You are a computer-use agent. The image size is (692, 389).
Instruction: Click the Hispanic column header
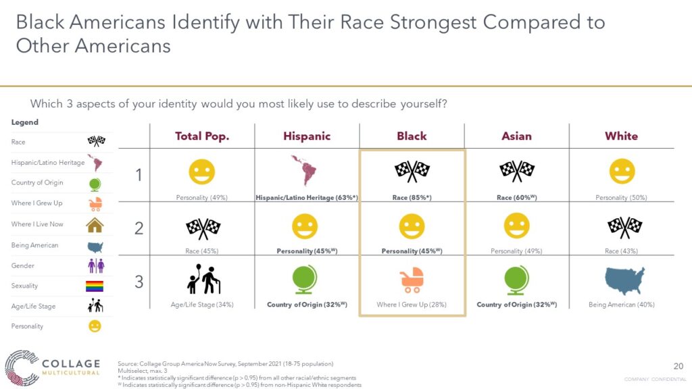(307, 136)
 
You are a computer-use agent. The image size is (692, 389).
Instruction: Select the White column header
(621, 136)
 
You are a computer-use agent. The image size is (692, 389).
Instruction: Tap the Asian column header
(516, 136)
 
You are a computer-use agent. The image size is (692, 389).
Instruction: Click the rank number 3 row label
(139, 282)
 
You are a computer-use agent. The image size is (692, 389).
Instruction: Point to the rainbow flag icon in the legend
(95, 286)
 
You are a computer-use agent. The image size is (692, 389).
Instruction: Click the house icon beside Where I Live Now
(95, 225)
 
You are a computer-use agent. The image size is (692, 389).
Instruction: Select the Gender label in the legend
(22, 265)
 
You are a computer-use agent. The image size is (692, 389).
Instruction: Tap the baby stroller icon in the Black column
(412, 280)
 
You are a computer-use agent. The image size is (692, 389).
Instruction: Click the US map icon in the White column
(624, 280)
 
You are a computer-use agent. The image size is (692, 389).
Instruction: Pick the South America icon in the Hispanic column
(304, 171)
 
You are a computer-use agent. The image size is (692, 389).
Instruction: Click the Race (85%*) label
(412, 198)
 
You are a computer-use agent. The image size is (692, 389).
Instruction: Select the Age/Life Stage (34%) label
(202, 305)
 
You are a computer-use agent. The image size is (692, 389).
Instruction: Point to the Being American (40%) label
(622, 305)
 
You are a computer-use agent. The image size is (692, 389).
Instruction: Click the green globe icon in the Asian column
(516, 280)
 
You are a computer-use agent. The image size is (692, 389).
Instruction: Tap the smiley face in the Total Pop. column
(201, 172)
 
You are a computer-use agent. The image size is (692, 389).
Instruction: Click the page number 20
(678, 366)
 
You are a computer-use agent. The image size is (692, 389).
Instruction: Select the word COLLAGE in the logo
(71, 364)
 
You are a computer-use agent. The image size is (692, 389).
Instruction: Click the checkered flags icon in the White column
(624, 227)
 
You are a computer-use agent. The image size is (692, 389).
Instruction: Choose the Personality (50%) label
(622, 198)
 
